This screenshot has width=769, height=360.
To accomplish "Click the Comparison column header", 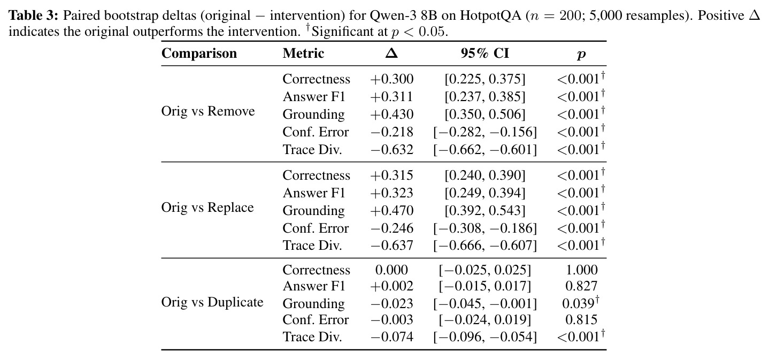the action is pos(199,53).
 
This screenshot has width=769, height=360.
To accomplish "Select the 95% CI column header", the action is pos(485,53).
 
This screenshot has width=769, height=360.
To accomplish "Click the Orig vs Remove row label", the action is pos(208,111).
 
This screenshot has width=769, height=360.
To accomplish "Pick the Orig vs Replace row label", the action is pos(207,208).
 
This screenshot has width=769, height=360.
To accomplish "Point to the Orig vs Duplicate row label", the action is pos(212,302).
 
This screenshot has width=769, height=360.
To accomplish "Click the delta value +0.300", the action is pos(391,79).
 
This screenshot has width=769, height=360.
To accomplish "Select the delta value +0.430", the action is pos(391,114).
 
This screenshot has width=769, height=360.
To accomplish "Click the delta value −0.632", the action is pos(391,150).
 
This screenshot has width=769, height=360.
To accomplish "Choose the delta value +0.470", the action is pos(391,211).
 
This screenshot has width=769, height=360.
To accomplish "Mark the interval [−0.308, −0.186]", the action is pos(485,228).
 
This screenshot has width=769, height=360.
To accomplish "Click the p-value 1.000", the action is pos(581,270).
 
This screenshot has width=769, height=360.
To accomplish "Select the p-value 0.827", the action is pos(581,286).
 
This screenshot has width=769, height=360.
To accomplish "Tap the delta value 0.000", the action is pos(391,270).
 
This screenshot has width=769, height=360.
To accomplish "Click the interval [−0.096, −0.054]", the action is pos(485,337).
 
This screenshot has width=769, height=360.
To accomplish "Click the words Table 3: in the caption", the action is pos(33,16).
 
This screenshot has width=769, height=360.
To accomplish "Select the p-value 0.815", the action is pos(581,320).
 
